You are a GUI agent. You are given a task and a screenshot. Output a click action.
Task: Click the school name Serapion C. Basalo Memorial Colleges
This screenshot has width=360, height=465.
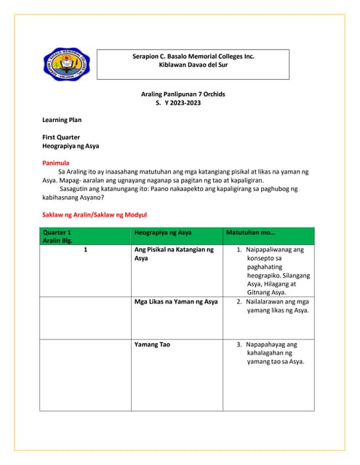click(193, 56)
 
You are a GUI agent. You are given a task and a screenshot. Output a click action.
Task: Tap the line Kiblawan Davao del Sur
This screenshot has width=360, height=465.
click(193, 65)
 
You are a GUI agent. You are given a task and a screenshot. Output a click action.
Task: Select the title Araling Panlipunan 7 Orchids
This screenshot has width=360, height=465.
click(180, 95)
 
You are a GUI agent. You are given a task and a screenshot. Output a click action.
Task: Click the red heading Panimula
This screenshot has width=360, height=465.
click(56, 163)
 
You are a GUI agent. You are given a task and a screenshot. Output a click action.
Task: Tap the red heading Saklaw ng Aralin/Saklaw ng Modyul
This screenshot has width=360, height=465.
click(95, 215)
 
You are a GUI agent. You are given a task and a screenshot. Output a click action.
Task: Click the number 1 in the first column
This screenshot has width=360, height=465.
click(86, 249)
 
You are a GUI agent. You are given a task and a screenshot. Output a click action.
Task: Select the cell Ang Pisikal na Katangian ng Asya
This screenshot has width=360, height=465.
click(174, 254)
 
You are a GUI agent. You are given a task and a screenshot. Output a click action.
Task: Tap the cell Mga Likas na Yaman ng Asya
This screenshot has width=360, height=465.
click(176, 301)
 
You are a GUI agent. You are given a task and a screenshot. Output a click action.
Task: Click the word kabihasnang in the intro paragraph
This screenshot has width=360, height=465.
click(68, 197)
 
